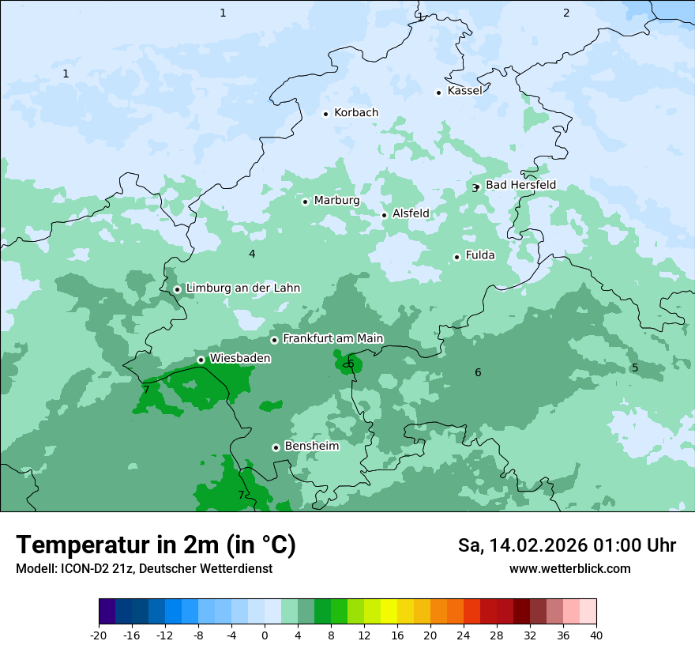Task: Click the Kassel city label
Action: [464, 91]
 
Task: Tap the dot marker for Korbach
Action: [325, 114]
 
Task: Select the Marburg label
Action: [336, 201]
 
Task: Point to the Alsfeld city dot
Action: [385, 215]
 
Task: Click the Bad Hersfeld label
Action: [520, 185]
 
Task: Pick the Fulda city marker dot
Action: [456, 257]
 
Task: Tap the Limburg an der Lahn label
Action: [242, 288]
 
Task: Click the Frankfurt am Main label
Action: [332, 339]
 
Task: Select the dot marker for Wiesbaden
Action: [201, 360]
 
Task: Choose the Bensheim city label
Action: [311, 447]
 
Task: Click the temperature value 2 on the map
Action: [566, 13]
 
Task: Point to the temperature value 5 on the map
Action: [634, 368]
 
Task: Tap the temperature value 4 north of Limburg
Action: [252, 254]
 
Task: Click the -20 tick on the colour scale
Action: [99, 635]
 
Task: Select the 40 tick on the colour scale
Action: [595, 635]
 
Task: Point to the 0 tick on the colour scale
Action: [265, 635]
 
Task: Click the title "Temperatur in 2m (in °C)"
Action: [156, 545]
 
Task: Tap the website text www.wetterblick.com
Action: [569, 569]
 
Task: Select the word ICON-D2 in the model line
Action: [78, 569]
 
